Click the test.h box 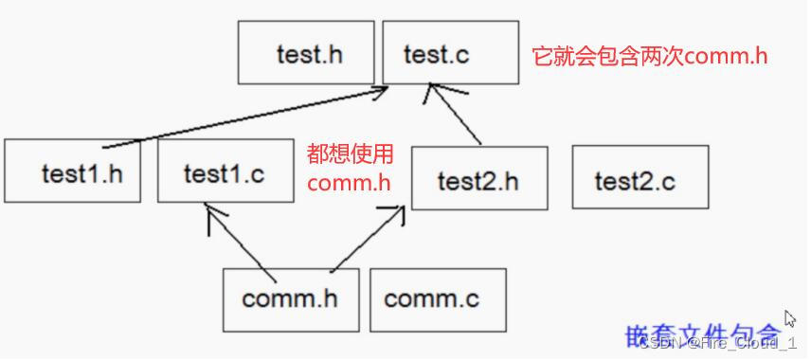click(x=307, y=53)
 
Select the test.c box click(x=451, y=53)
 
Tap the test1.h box click(x=72, y=172)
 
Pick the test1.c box click(x=225, y=172)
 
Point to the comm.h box click(x=290, y=299)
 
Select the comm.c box click(x=437, y=299)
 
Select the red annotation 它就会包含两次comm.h click(x=650, y=55)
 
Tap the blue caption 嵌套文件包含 click(x=703, y=335)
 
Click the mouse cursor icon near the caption click(x=789, y=318)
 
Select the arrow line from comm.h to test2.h click(x=365, y=242)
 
